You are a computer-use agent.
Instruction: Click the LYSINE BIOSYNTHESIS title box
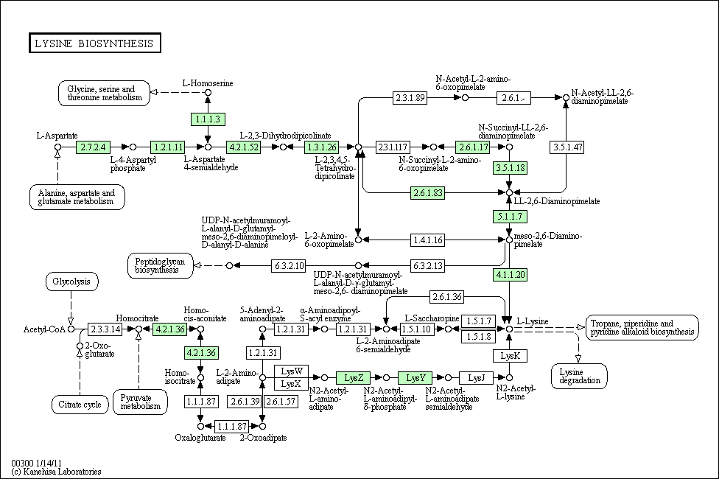(x=95, y=43)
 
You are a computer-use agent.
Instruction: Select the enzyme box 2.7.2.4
(x=93, y=147)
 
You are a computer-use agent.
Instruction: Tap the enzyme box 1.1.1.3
(x=208, y=119)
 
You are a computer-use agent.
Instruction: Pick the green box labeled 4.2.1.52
(x=244, y=147)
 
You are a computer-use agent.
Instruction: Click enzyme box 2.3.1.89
(x=410, y=98)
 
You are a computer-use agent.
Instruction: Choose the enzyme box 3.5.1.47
(x=567, y=147)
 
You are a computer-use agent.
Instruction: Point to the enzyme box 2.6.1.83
(x=428, y=192)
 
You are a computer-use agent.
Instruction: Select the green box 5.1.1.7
(x=510, y=217)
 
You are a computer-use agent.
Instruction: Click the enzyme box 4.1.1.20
(x=510, y=275)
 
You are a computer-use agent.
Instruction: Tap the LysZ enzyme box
(x=354, y=378)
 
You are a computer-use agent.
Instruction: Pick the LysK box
(x=510, y=356)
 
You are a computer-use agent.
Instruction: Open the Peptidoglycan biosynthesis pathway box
(x=160, y=265)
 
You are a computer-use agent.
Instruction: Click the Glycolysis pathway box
(x=71, y=282)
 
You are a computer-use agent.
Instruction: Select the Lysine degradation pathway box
(x=579, y=377)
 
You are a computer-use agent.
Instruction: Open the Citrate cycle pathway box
(x=80, y=405)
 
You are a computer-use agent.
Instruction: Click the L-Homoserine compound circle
(x=208, y=93)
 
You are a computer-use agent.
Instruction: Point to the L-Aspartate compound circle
(x=57, y=147)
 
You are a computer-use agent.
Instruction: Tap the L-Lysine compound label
(x=533, y=321)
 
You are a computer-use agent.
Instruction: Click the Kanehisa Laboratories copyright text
(x=57, y=472)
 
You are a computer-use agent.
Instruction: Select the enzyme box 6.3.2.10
(x=289, y=265)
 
